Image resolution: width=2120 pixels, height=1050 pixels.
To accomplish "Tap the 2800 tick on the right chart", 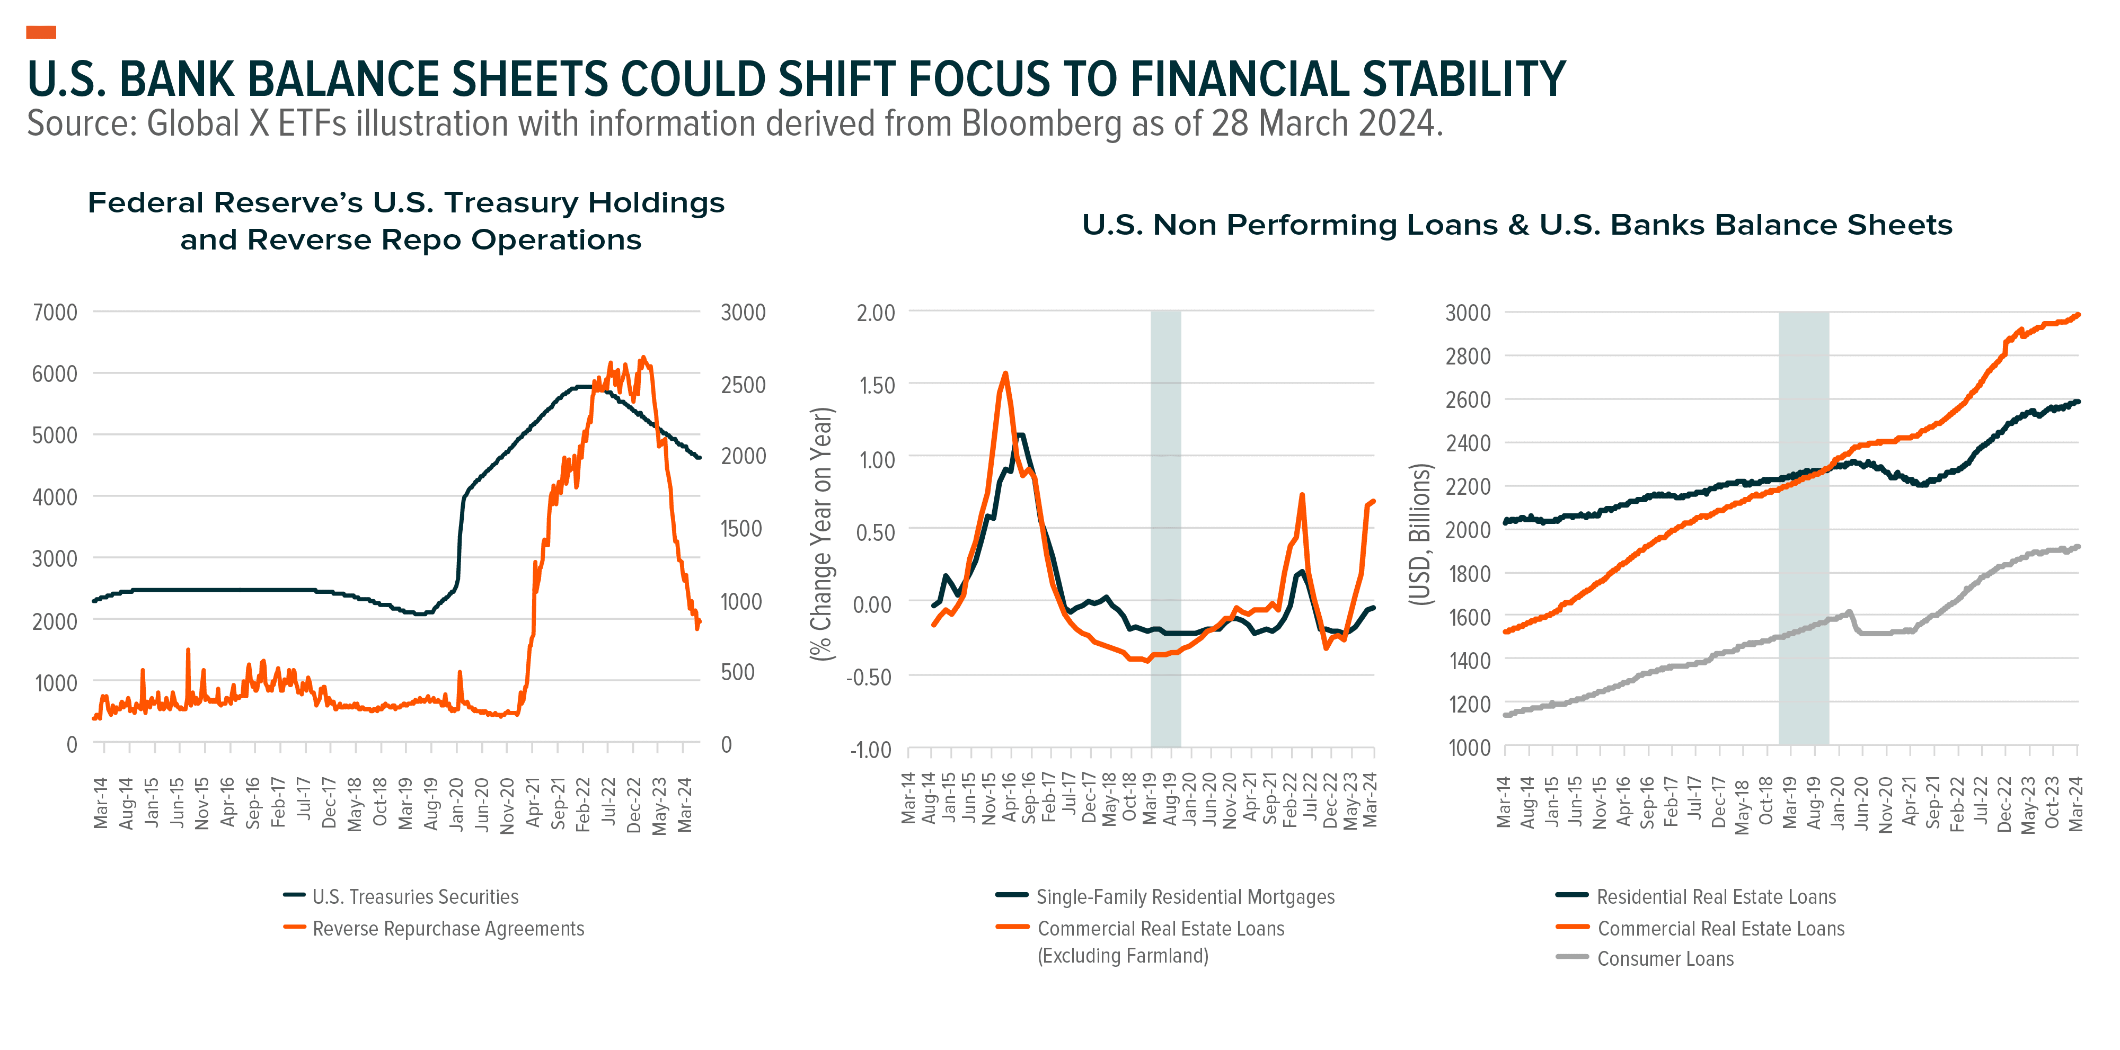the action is click(x=1468, y=357).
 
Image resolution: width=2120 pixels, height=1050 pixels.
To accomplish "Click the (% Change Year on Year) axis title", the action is click(x=822, y=534).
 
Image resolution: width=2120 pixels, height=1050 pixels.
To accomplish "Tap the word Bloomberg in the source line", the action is click(x=1041, y=123).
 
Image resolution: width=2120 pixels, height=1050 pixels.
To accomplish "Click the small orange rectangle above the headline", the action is click(x=41, y=32).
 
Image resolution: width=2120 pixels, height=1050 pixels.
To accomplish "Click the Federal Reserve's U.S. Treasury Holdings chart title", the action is click(x=407, y=220).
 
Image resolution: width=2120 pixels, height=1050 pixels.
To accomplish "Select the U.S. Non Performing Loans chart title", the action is click(x=1517, y=225).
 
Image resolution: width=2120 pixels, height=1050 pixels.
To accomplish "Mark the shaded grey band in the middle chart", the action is click(x=1165, y=529).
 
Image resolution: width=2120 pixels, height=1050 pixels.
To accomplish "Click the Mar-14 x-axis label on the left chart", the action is click(x=100, y=802).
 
